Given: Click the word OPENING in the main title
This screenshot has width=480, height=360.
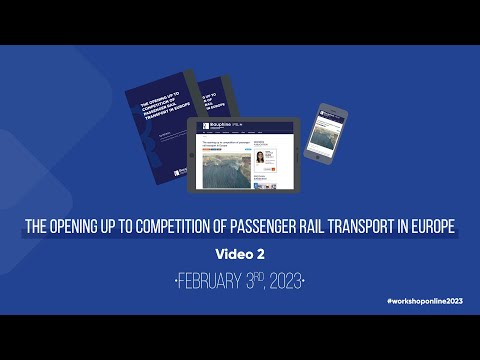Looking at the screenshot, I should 87,227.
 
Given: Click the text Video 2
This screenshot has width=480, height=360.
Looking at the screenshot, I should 240,252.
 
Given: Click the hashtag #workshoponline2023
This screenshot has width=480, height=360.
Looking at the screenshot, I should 424,301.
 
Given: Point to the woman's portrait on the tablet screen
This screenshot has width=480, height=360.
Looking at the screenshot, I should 260,158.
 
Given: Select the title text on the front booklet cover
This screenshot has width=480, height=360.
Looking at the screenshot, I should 158,114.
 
